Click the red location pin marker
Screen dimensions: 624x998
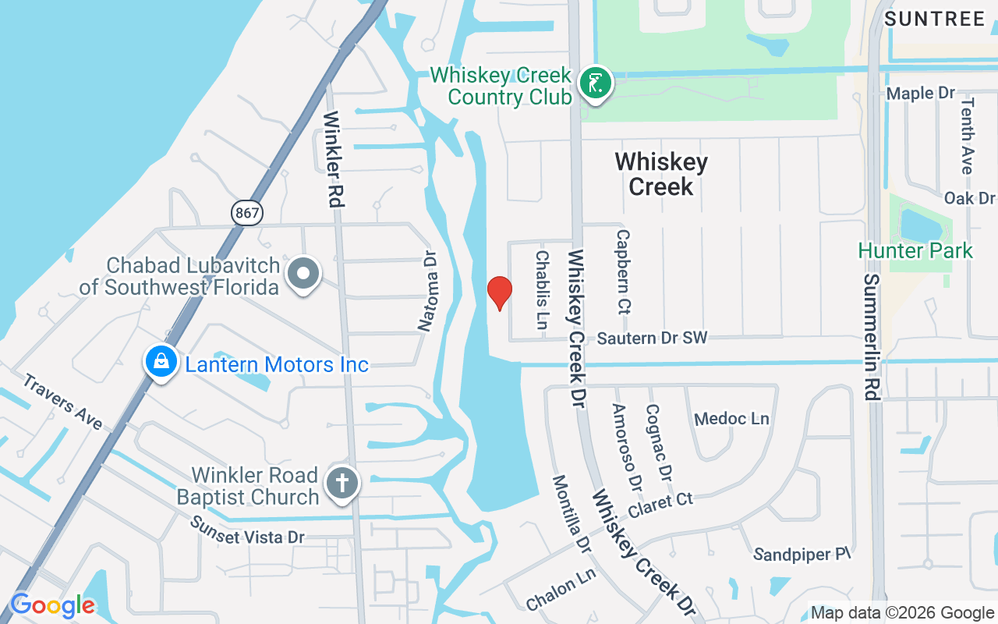pos(499,293)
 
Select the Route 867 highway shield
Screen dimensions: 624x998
pos(246,212)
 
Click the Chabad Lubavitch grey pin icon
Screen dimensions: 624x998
pos(303,275)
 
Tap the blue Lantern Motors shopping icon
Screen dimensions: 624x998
pos(161,363)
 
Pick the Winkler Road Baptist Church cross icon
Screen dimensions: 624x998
pos(342,483)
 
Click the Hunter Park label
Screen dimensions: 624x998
pos(915,251)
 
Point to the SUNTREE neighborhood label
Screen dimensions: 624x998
pos(935,19)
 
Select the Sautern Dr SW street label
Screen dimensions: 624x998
pos(652,339)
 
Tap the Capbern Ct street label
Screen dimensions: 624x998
pos(622,271)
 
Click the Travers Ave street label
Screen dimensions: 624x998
pos(62,402)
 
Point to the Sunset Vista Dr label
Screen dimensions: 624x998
pos(248,530)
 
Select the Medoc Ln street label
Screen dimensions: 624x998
pos(731,419)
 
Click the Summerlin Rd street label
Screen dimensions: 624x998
pos(872,336)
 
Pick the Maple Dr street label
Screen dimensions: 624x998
pos(921,94)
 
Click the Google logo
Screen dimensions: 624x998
pos(52,605)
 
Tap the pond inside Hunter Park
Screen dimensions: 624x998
pos(921,225)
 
